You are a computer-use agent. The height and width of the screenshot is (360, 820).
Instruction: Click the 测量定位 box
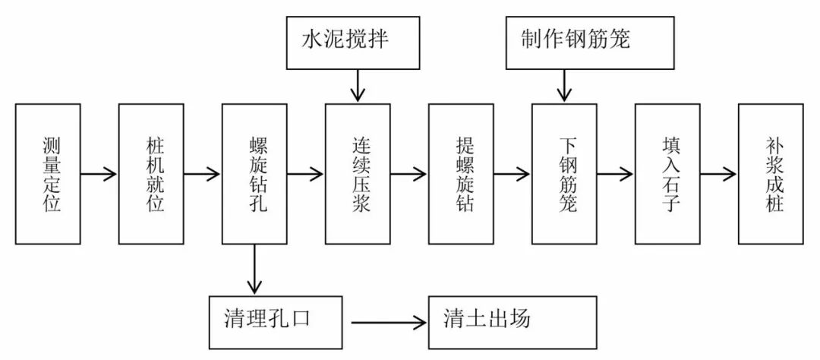coord(48,174)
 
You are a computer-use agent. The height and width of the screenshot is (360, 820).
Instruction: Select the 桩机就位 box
coord(151,174)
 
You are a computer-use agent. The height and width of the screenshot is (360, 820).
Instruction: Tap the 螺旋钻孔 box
coord(254,174)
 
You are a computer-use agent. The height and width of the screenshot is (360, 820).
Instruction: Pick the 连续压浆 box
coord(358,174)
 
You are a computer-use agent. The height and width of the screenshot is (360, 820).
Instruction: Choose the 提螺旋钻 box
coord(461,174)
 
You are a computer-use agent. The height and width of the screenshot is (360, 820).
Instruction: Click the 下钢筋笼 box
coord(564,174)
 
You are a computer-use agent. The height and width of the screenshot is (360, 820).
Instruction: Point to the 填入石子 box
coord(667,174)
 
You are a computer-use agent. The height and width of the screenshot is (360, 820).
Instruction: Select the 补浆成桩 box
coord(771,174)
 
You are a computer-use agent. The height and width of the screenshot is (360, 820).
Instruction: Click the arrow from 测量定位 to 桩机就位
coord(99,174)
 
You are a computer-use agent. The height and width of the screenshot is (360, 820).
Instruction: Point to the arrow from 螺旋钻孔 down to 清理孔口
coord(254,269)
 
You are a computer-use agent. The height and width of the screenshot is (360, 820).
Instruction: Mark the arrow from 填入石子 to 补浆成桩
coord(718,174)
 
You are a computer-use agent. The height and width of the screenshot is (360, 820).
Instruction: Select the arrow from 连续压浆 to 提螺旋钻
coord(408,174)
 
